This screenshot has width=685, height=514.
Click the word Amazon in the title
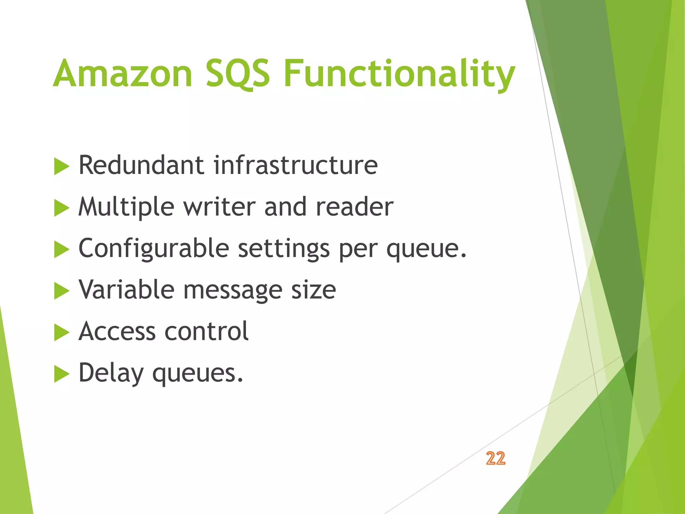[123, 73]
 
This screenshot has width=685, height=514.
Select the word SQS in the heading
[237, 73]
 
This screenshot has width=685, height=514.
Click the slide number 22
[496, 458]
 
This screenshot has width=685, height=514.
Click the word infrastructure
[296, 165]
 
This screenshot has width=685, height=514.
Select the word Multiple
[126, 207]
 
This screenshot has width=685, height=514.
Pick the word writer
[219, 206]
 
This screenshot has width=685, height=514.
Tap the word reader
[355, 206]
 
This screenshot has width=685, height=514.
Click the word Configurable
[154, 249]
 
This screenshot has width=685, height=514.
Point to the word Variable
[126, 289]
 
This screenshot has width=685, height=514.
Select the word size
[313, 290]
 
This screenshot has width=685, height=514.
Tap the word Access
[117, 331]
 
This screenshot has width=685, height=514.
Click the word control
[207, 331]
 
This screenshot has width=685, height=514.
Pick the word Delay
[111, 373]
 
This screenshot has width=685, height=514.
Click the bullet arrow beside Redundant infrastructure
[62, 166]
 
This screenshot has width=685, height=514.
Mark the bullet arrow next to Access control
[62, 332]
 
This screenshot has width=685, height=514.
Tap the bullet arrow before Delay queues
[62, 374]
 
